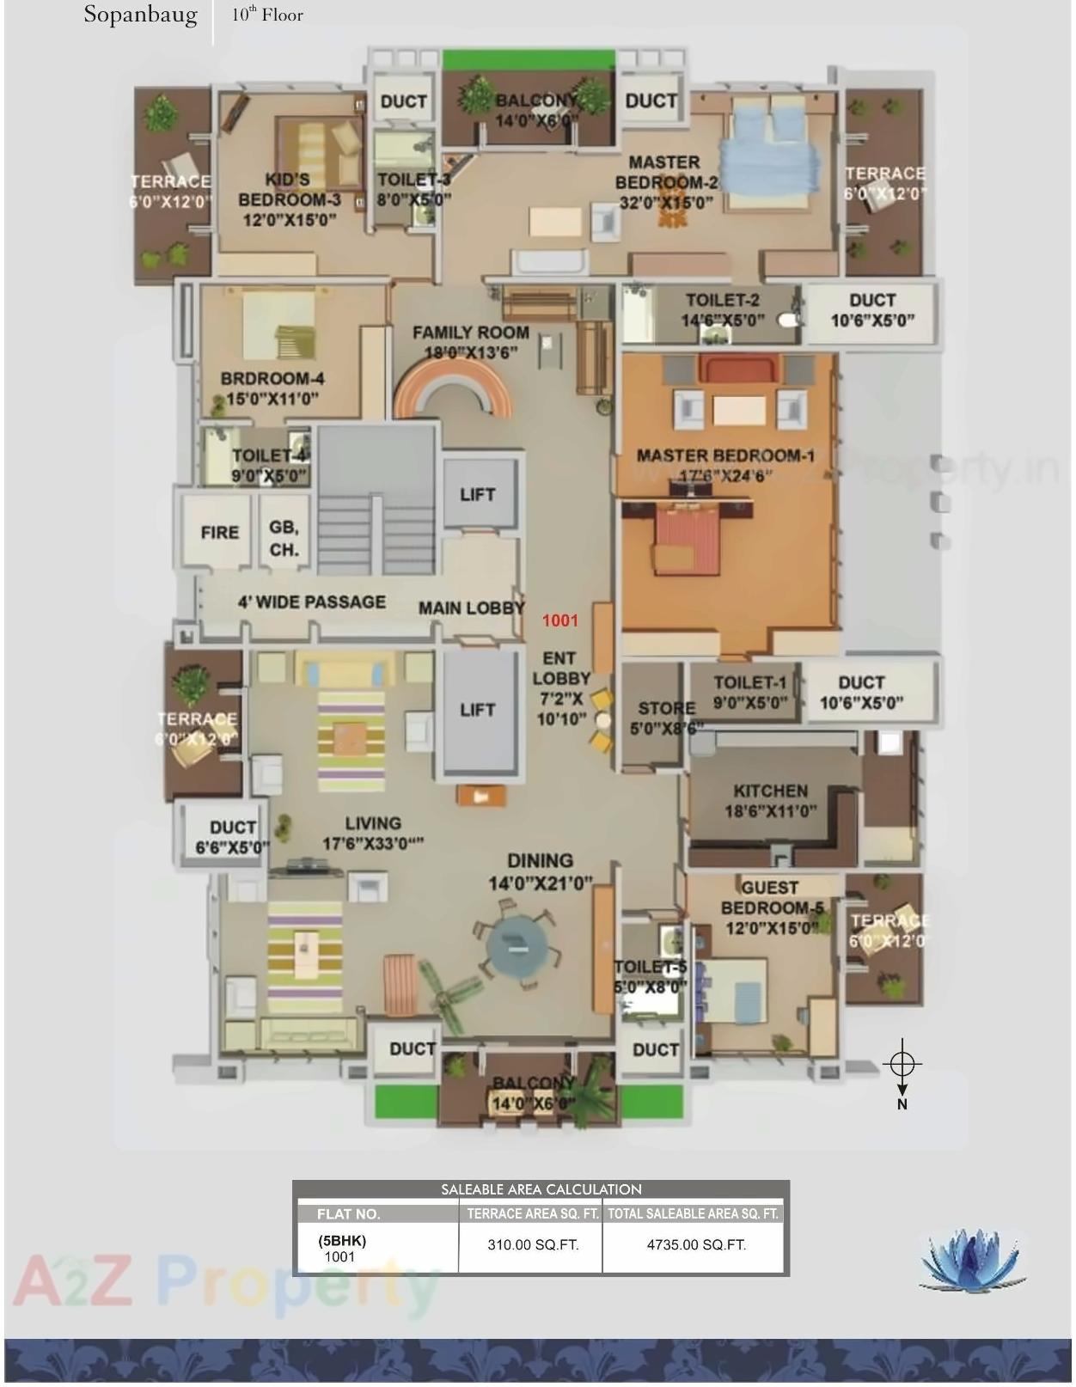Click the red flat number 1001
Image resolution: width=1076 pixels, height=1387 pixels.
(560, 620)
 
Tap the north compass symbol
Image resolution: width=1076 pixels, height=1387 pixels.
(902, 1066)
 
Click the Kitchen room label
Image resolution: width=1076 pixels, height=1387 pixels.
(771, 800)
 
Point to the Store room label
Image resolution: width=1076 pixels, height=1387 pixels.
(666, 718)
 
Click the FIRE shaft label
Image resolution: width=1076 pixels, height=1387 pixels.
(219, 533)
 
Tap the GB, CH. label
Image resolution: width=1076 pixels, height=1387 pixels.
(284, 538)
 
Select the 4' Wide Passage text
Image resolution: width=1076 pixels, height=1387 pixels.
(311, 602)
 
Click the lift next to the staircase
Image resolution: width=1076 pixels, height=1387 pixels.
(477, 494)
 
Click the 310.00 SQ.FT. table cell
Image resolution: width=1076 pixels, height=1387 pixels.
(532, 1244)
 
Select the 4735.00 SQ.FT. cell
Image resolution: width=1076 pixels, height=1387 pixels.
(695, 1244)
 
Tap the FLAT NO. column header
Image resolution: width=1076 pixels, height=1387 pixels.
(348, 1214)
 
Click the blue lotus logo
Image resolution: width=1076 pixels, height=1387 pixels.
(973, 1260)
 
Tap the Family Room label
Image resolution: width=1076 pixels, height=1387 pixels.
(470, 342)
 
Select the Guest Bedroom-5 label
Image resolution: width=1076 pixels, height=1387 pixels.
(771, 907)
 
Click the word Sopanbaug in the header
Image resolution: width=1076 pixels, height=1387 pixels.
(140, 15)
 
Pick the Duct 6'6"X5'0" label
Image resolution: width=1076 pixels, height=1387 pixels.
(232, 837)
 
